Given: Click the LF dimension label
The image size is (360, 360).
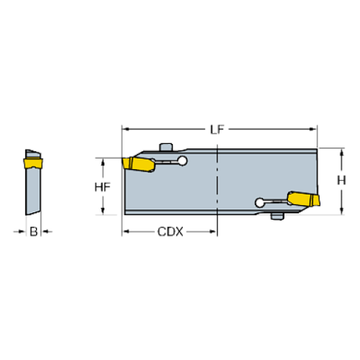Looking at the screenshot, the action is tap(217, 129).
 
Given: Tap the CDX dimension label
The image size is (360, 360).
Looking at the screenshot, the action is tap(170, 231).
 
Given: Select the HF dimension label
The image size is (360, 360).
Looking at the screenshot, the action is tap(102, 187).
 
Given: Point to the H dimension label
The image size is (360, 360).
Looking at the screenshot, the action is tap(342, 181).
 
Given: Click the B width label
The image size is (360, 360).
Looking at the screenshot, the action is tap(34, 231).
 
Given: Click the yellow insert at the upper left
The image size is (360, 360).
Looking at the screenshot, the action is tap(139, 164).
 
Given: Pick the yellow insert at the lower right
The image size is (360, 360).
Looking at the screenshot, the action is tap(304, 199).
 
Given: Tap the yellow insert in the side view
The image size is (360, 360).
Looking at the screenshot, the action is tap(33, 163).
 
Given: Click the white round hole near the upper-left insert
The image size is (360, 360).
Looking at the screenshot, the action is tap(182, 161).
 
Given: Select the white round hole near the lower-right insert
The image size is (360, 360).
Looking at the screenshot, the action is tap(259, 203).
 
